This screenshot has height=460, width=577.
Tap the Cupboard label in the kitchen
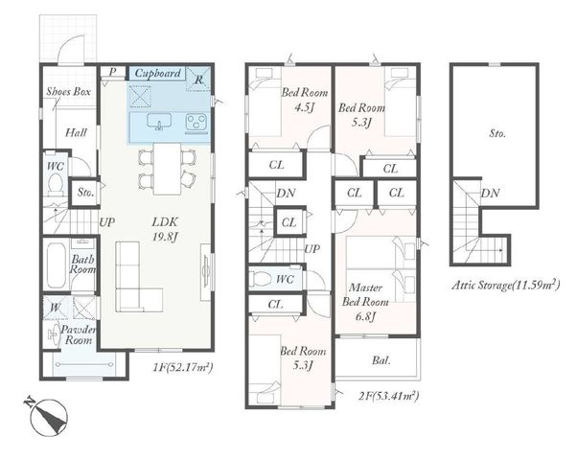pyautogui.click(x=158, y=73)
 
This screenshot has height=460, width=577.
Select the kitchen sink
pyautogui.click(x=159, y=122)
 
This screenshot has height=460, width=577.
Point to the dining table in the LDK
pyautogui.click(x=168, y=169)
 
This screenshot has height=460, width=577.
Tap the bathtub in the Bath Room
pyautogui.click(x=57, y=264)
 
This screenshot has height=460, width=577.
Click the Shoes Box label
pyautogui.click(x=68, y=92)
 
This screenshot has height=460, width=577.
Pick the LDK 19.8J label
pyautogui.click(x=165, y=229)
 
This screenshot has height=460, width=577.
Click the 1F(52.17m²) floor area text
pyautogui.click(x=183, y=367)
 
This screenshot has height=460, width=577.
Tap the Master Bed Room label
pyautogui.click(x=365, y=302)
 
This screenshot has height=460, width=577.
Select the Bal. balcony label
pyautogui.click(x=381, y=360)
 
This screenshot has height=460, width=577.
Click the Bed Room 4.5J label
pyautogui.click(x=305, y=100)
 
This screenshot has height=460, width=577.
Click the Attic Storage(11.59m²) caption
pyautogui.click(x=506, y=286)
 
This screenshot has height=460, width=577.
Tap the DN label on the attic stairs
pyautogui.click(x=490, y=194)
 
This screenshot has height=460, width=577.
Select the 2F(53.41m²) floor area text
pyautogui.click(x=388, y=396)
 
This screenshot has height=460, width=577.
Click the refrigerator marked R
pyautogui.click(x=198, y=79)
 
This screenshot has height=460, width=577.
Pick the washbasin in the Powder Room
pyautogui.click(x=54, y=334)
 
